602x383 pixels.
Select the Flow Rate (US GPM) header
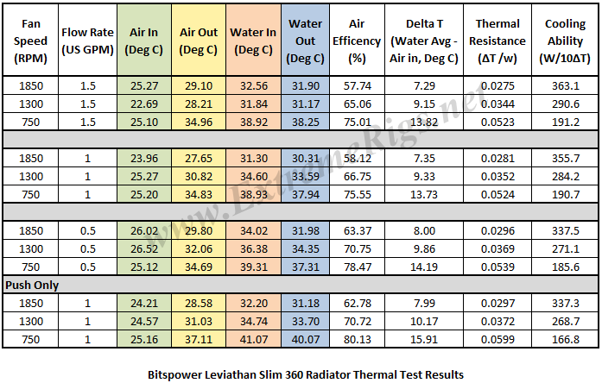pyautogui.click(x=89, y=40)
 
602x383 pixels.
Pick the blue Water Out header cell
pyautogui.click(x=306, y=40)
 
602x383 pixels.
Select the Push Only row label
pyautogui.click(x=31, y=284)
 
